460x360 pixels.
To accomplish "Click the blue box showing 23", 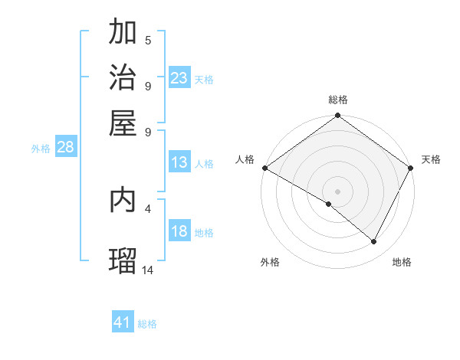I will click(179, 78).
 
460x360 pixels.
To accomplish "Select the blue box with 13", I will click(179, 162).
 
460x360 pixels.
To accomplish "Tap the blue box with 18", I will click(179, 231).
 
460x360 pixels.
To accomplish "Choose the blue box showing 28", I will click(65, 148).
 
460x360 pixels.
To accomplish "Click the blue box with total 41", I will click(123, 322).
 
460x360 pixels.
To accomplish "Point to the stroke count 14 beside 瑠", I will click(148, 270).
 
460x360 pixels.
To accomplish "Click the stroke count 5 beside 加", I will click(148, 40).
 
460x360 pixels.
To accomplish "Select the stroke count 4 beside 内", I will click(148, 208).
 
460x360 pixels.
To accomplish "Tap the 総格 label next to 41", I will click(147, 324).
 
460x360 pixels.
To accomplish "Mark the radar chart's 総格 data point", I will click(337, 116).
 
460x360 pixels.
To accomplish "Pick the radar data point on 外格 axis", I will click(329, 204).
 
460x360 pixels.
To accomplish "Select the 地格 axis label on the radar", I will click(402, 262).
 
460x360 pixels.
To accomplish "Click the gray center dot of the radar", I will click(337, 191).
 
